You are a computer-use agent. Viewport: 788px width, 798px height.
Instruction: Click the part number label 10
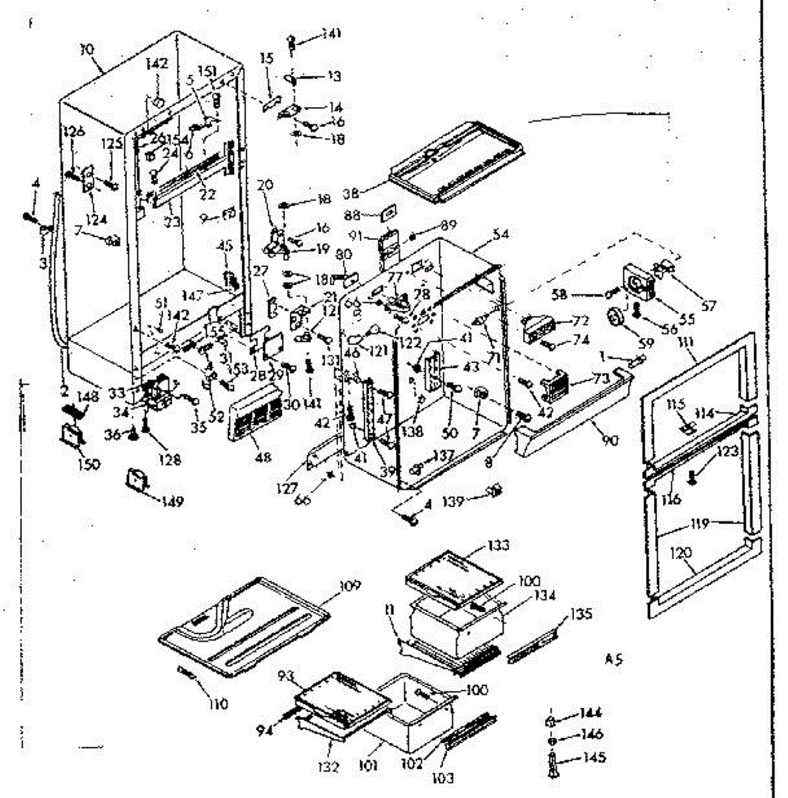[87, 49]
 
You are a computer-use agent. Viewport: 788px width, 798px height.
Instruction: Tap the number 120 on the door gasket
[682, 552]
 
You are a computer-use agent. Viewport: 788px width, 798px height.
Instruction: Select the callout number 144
[591, 713]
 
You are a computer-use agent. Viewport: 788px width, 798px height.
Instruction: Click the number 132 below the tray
[328, 767]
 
